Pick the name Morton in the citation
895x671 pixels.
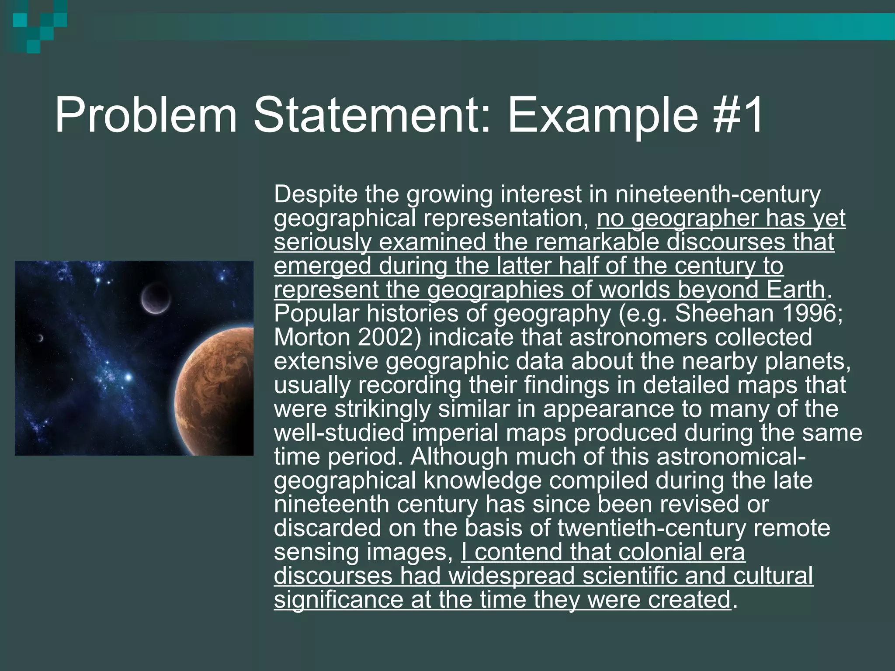click(312, 337)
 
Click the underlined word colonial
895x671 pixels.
click(660, 552)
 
